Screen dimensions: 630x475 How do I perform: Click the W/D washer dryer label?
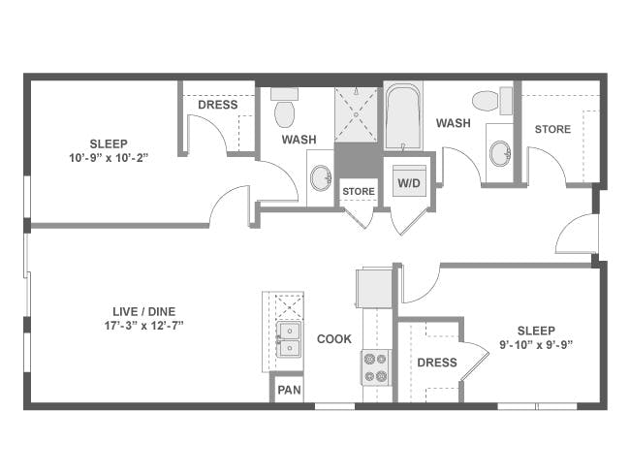coord(409,183)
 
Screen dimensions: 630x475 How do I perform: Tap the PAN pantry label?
coord(289,390)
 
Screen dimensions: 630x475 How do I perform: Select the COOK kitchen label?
coord(334,339)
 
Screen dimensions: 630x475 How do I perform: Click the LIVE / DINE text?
coord(143,311)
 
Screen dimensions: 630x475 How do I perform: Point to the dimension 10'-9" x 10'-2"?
coord(109,158)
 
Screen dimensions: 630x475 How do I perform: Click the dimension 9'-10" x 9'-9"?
coord(536,345)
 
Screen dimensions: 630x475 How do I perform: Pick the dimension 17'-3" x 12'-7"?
coord(143,326)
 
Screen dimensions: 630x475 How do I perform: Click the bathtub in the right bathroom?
coord(403,116)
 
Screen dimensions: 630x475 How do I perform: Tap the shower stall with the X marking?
coord(356,115)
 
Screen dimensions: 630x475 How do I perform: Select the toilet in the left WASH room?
coord(284,108)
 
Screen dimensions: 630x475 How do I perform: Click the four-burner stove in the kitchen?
coord(375,367)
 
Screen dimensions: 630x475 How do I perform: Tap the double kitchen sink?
coord(289,339)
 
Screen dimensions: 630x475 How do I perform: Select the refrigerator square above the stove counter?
coord(374,288)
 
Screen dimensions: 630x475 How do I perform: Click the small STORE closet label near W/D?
coord(359,191)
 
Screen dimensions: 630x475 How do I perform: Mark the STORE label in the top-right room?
coord(552,129)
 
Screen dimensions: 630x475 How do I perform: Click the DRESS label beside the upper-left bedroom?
coord(218,105)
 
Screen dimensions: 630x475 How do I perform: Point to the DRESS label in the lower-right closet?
coord(437,363)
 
